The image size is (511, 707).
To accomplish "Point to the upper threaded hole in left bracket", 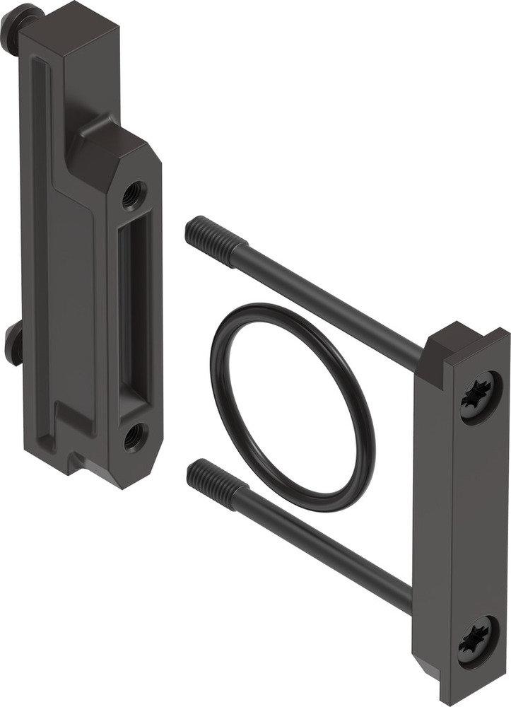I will click(132, 194).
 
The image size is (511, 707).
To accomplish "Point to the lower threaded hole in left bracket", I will click(134, 436).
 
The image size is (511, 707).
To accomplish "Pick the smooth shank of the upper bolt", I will click(332, 304).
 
